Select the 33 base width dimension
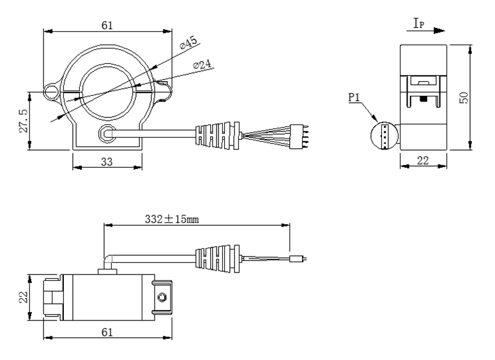pos(107,162)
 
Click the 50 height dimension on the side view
pos(464,97)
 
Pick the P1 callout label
pos(355,98)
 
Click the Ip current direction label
pos(418,24)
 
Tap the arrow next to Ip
pos(438,30)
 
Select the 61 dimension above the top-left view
pos(107,26)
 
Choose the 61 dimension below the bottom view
pos(107,332)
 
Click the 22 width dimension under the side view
pos(423,160)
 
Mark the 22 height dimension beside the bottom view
pos(23,297)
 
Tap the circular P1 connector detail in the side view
pos(384,135)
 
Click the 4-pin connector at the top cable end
pos(300,134)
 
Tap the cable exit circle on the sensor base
pos(106,133)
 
